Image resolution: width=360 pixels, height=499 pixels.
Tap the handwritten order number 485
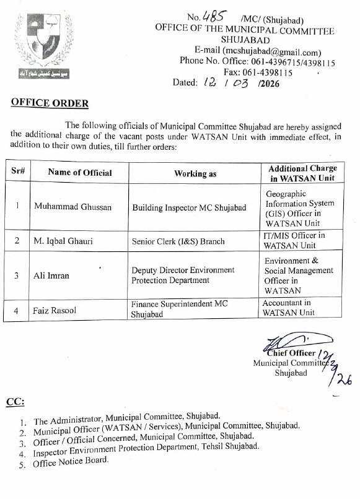coord(211,18)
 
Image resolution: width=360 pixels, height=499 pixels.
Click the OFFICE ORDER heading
coord(50,103)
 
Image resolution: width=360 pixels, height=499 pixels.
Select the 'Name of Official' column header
coord(80,173)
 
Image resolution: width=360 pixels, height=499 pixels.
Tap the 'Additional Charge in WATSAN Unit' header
coord(303,173)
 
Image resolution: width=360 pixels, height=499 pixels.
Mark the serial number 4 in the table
coord(15,310)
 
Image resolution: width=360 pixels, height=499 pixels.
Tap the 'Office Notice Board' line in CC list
coord(70,461)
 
